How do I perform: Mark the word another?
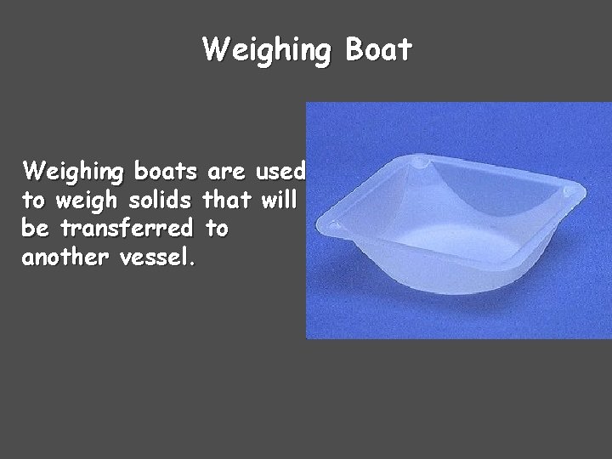[65, 256]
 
